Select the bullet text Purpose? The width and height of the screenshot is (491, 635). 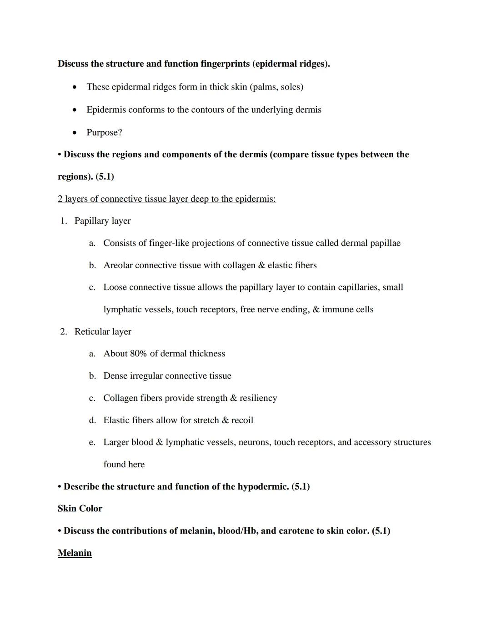click(104, 133)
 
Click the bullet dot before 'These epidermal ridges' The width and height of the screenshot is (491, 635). click(74, 87)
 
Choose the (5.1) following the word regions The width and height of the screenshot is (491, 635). click(105, 177)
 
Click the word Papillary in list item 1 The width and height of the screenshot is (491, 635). click(91, 221)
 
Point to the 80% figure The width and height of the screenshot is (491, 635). click(138, 354)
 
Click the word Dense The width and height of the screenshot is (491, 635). click(115, 376)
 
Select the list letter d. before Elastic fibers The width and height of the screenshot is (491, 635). click(92, 420)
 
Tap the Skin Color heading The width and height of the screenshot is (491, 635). click(80, 509)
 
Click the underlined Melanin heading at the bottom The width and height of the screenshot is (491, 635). click(75, 553)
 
